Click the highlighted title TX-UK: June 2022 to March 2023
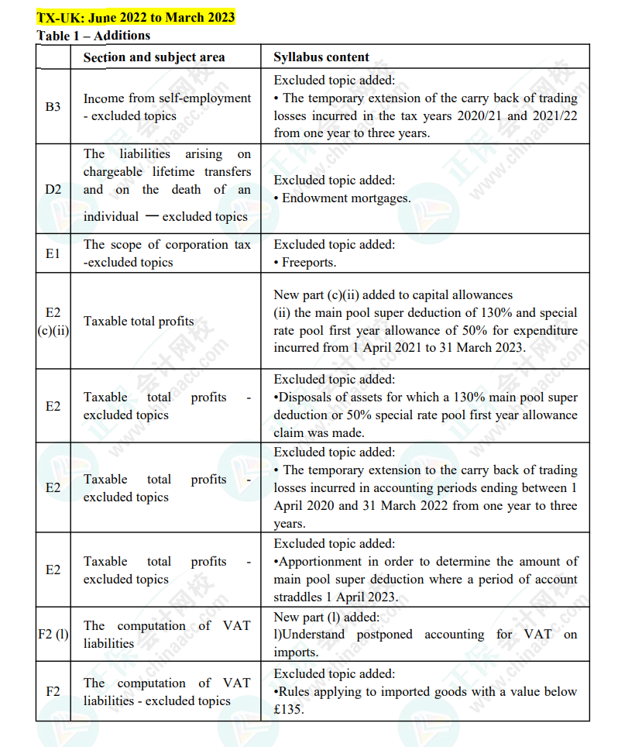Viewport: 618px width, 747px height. pyautogui.click(x=136, y=17)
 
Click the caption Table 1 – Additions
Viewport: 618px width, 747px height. pyautogui.click(x=94, y=35)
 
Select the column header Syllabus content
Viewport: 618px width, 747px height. pyautogui.click(x=321, y=57)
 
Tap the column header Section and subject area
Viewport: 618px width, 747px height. pyautogui.click(x=154, y=57)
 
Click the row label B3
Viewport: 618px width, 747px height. pyautogui.click(x=53, y=107)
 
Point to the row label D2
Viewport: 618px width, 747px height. pyautogui.click(x=53, y=189)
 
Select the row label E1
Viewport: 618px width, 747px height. pyautogui.click(x=53, y=253)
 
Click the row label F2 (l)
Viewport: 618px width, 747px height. pyautogui.click(x=53, y=635)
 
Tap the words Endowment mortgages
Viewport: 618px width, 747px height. pyautogui.click(x=346, y=198)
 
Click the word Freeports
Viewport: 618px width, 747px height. pyautogui.click(x=309, y=262)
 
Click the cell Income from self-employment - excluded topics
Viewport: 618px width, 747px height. pyautogui.click(x=167, y=107)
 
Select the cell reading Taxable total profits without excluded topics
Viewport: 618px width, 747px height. pyautogui.click(x=139, y=321)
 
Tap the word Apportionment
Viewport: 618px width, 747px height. pyautogui.click(x=320, y=562)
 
